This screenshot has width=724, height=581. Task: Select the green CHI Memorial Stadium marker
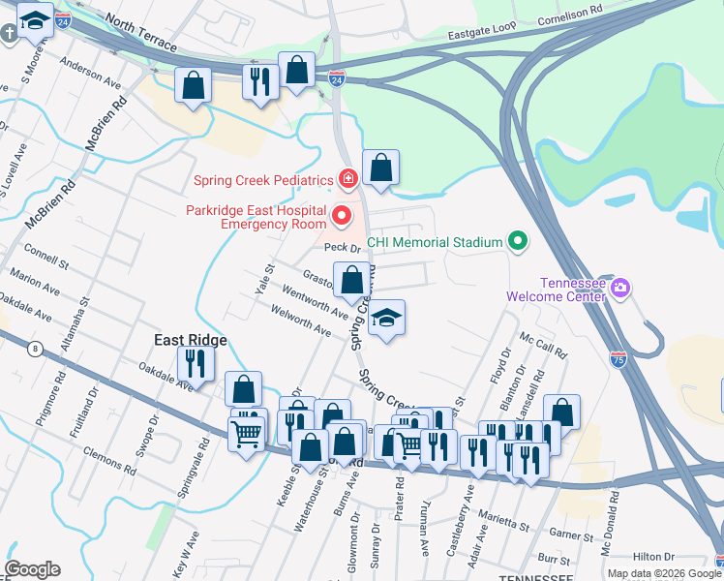tap(517, 242)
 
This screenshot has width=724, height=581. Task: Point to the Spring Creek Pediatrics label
tap(262, 179)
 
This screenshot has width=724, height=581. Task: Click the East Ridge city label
tap(192, 340)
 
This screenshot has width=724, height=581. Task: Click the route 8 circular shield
tap(36, 350)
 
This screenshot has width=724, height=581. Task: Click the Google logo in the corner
tap(32, 569)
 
